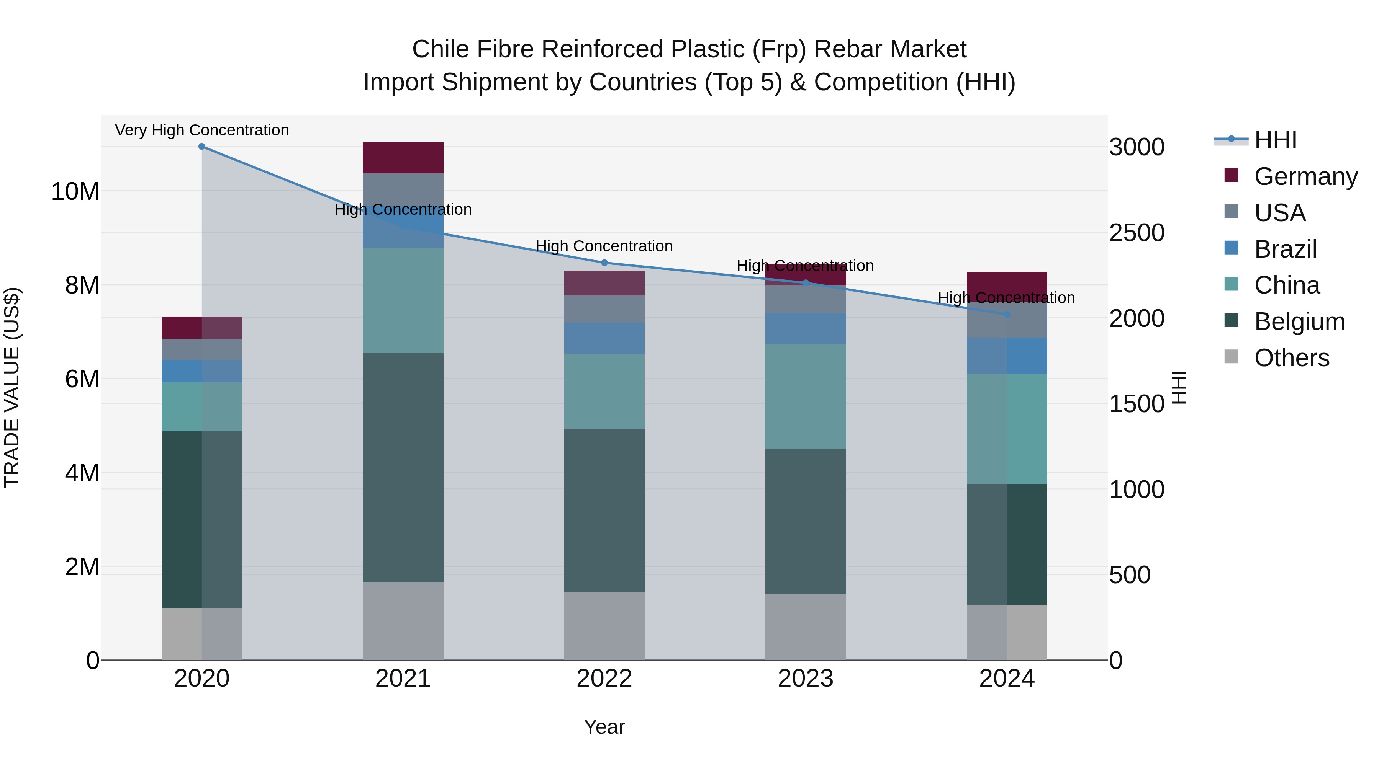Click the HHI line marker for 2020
click(202, 147)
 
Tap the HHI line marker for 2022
click(604, 263)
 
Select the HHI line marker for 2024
click(1007, 315)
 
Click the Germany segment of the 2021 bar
click(403, 158)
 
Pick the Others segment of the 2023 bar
click(806, 627)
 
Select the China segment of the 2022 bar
click(604, 391)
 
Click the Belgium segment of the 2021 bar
click(403, 467)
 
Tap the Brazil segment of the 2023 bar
click(806, 328)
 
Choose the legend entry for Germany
click(1305, 176)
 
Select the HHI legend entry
click(1275, 140)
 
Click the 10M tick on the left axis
click(75, 191)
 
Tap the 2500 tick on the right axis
click(1137, 233)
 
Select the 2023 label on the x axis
click(806, 679)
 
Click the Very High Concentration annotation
click(202, 130)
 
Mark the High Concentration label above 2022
click(604, 246)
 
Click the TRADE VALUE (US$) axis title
click(12, 387)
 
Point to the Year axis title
click(604, 727)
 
